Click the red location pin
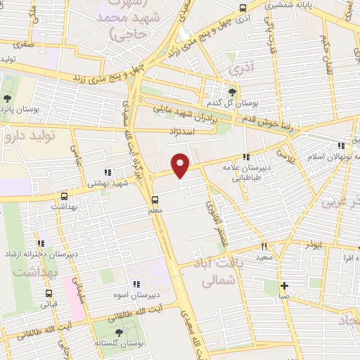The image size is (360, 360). point(181,165)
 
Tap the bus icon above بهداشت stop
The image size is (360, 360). point(65,197)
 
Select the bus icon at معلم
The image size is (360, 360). point(155,199)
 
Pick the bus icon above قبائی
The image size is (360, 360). point(49,294)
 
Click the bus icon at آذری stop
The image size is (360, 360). point(243,8)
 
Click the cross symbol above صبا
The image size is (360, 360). point(284,285)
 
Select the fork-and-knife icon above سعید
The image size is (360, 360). point(265,246)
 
